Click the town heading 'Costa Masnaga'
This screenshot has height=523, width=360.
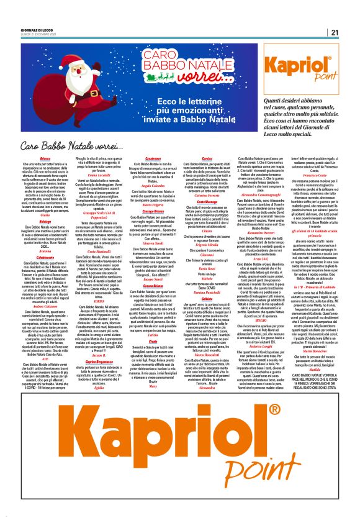click(239, 202)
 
